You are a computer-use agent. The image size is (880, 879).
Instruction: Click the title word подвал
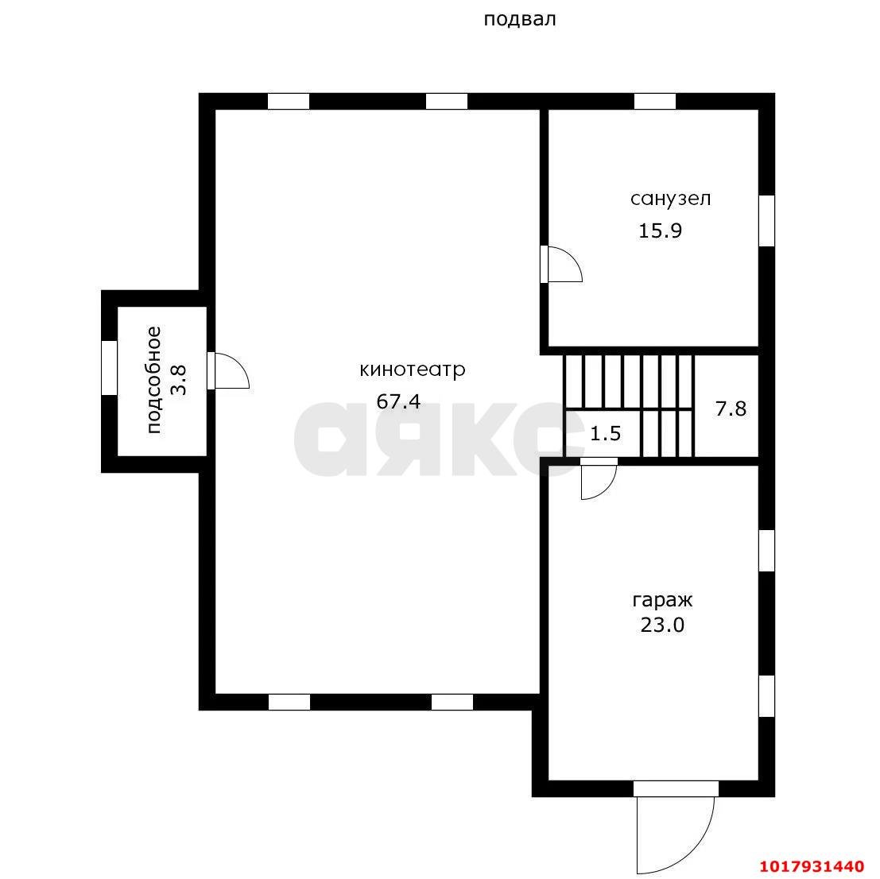(x=520, y=20)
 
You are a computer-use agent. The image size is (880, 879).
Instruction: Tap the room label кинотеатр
(x=413, y=370)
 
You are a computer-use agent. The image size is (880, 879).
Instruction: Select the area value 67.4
(x=398, y=401)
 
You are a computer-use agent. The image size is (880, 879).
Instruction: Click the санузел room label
(x=671, y=199)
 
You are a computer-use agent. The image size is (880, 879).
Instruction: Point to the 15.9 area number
(x=661, y=231)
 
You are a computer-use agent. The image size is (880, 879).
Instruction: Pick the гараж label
(x=663, y=601)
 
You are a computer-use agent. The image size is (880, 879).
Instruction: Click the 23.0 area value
(x=663, y=625)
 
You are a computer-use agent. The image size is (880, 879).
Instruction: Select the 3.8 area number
(x=179, y=381)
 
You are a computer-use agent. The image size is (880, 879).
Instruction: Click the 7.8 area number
(x=731, y=409)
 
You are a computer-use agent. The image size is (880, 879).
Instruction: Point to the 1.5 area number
(x=606, y=434)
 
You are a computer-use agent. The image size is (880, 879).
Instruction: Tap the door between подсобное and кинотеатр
(x=228, y=371)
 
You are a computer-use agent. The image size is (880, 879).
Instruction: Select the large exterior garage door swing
(x=676, y=834)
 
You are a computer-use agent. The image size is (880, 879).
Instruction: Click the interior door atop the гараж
(x=599, y=478)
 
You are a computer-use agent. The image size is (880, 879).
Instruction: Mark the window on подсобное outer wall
(x=110, y=368)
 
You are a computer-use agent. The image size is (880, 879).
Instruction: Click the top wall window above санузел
(x=655, y=102)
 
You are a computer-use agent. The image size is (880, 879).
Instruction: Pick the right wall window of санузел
(x=766, y=220)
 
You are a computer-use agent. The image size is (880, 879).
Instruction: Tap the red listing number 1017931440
(x=812, y=867)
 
